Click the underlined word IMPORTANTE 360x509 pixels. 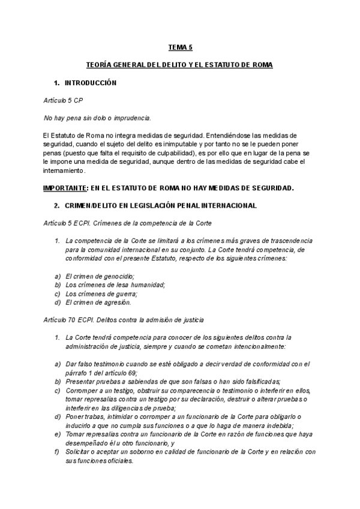tap(65, 188)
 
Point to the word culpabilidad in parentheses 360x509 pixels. tap(206, 154)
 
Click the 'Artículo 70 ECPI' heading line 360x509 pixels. tap(124, 320)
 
